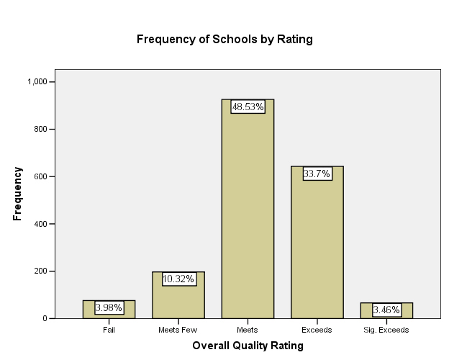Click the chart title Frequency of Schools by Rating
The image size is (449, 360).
pyautogui.click(x=224, y=39)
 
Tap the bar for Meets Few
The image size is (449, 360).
pyautogui.click(x=178, y=299)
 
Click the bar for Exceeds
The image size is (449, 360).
pyautogui.click(x=317, y=245)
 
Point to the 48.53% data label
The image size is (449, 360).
pyautogui.click(x=248, y=107)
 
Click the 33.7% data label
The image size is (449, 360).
pyautogui.click(x=317, y=174)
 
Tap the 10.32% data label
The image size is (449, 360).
pyautogui.click(x=178, y=279)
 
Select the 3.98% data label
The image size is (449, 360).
pyautogui.click(x=109, y=307)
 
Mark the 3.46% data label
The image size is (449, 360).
pyautogui.click(x=386, y=310)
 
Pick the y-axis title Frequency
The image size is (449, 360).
pyautogui.click(x=17, y=194)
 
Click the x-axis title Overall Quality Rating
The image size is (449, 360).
pyautogui.click(x=248, y=346)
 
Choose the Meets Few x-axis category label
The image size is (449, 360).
pyautogui.click(x=178, y=330)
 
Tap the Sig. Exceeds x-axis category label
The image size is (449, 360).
pyautogui.click(x=386, y=330)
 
